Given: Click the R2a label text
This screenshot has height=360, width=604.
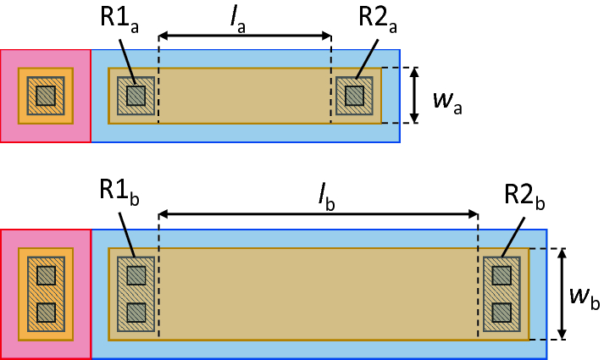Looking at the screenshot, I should [376, 18].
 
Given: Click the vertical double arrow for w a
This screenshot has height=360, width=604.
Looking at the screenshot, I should [413, 95].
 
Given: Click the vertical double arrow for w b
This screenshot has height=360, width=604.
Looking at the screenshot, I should [562, 294].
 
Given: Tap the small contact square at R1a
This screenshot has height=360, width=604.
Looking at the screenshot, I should [136, 95].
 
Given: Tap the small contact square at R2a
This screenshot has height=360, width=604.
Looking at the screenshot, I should [354, 95].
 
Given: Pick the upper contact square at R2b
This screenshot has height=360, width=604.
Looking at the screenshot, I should [501, 275].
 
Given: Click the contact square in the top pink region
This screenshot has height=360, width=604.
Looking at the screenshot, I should [45, 95].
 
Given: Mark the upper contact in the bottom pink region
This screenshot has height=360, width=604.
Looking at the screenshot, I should [46, 275].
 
